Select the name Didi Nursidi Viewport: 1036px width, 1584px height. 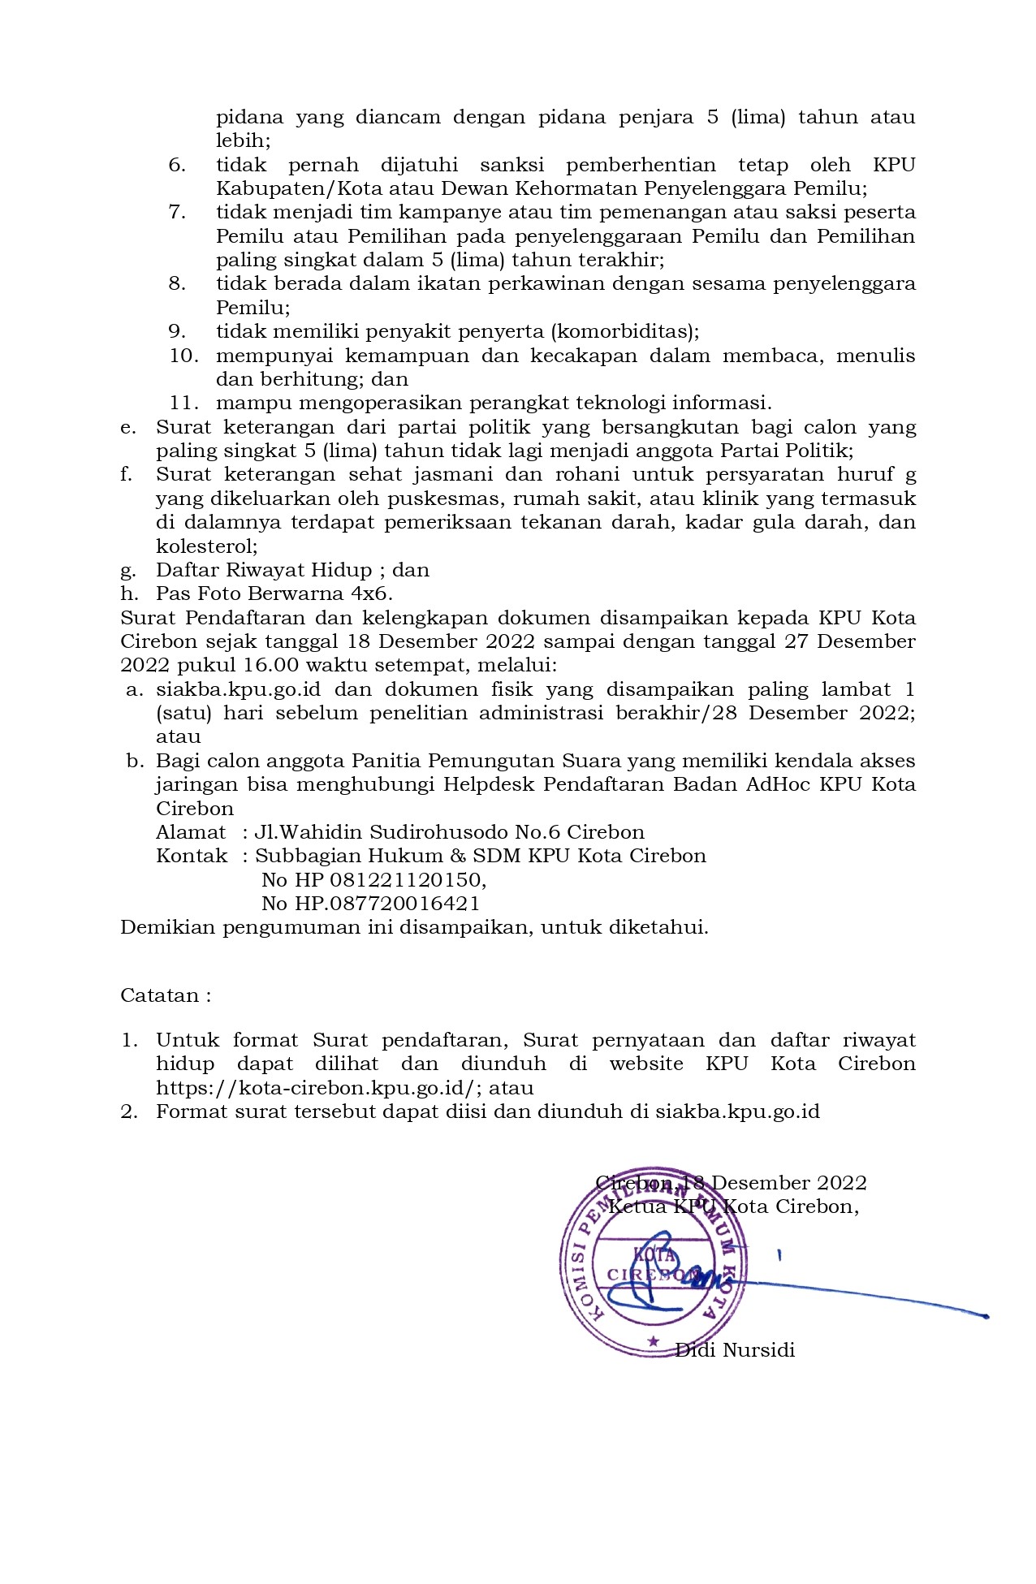coord(735,1350)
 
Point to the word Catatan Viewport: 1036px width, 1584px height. coord(160,996)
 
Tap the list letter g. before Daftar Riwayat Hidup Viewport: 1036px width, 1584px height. coord(128,571)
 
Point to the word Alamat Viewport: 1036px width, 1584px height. coord(191,832)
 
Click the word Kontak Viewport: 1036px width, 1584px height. coord(192,856)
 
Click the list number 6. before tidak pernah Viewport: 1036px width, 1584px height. coord(177,166)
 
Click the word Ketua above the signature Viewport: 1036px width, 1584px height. coord(638,1206)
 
